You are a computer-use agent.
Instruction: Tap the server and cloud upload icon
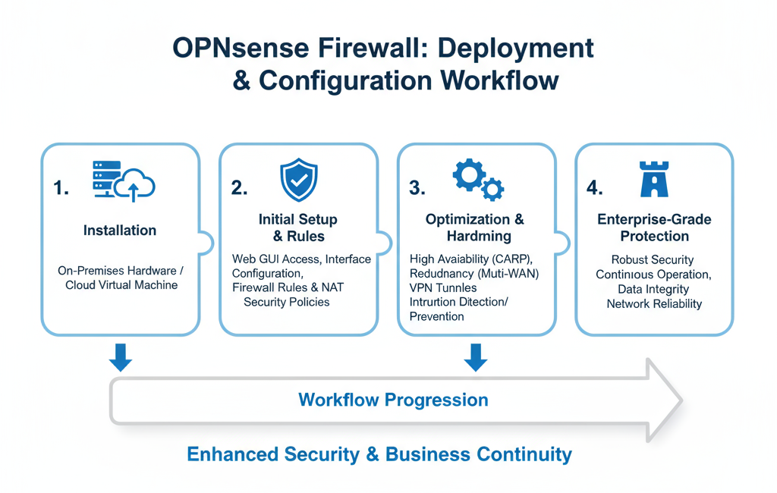click(x=122, y=181)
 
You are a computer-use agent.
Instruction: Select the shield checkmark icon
click(x=298, y=181)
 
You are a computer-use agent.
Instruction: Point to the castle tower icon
click(x=654, y=180)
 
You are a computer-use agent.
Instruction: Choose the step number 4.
click(x=595, y=188)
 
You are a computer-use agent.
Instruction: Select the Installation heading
click(x=120, y=230)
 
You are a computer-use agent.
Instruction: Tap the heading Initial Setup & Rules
click(x=298, y=228)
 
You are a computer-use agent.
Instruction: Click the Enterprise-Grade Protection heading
click(x=654, y=228)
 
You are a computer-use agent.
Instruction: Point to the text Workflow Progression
click(x=393, y=400)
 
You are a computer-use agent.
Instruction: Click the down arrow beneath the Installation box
click(x=120, y=357)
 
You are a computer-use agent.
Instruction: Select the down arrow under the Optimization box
click(x=476, y=357)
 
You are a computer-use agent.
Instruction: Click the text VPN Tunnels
click(x=443, y=287)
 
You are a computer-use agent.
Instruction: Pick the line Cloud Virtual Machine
click(x=120, y=285)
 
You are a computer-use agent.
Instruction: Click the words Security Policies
click(x=287, y=302)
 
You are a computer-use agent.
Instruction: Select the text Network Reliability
click(x=654, y=303)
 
